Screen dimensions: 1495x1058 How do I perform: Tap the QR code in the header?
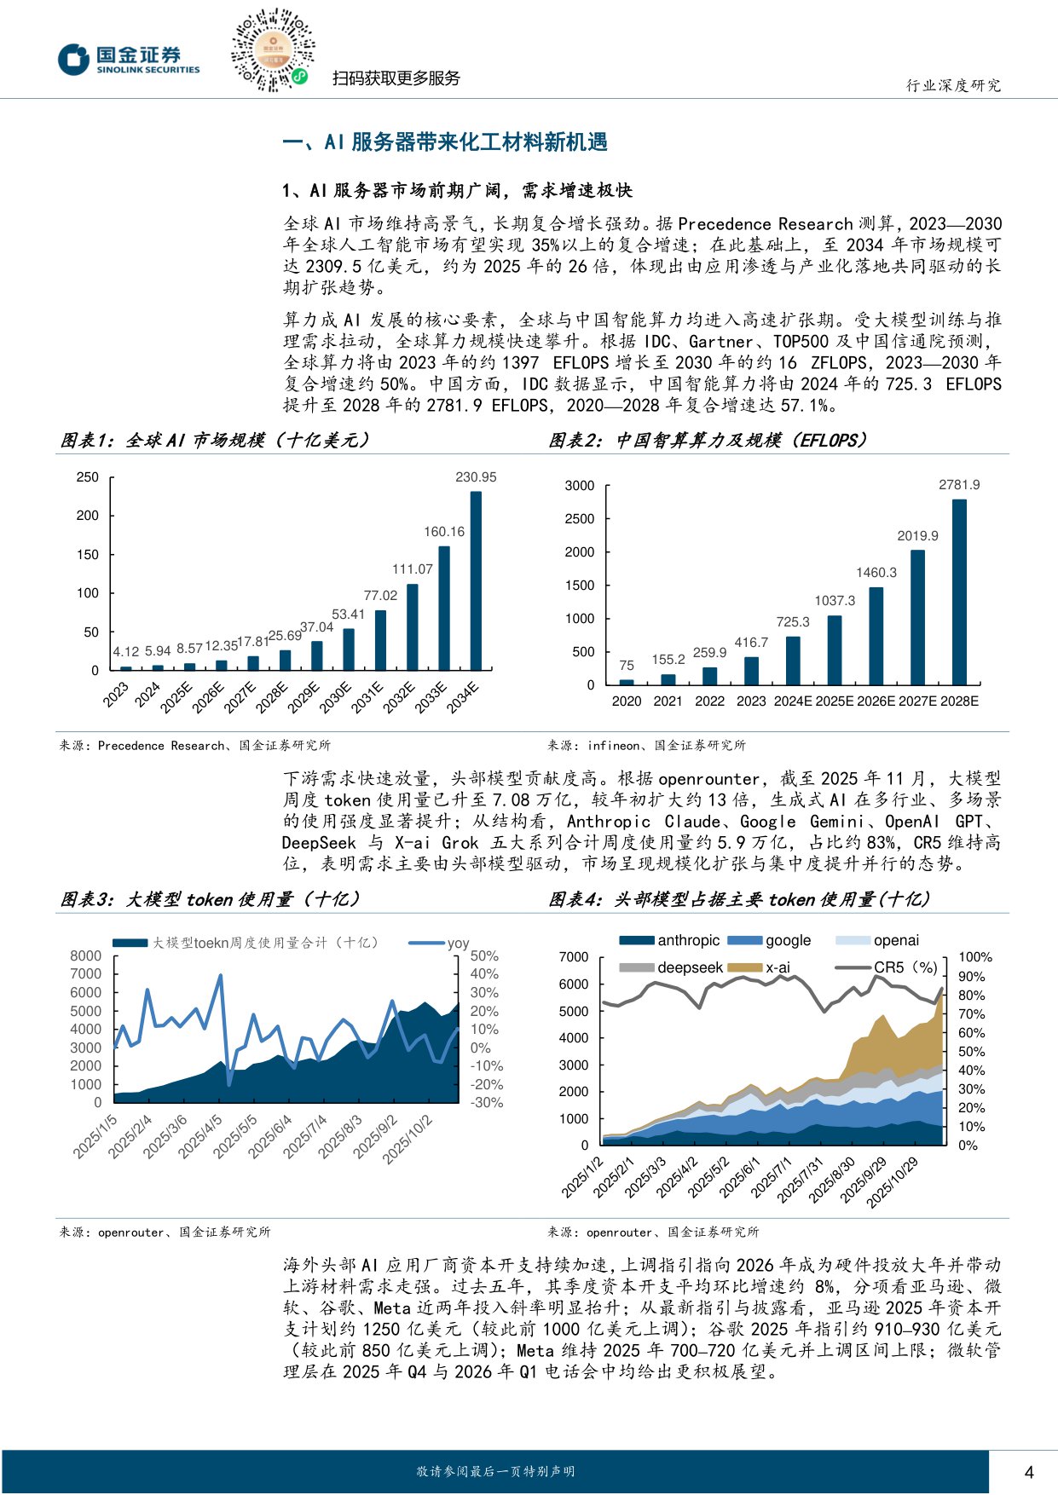(x=272, y=50)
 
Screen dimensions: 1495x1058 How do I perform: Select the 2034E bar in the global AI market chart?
(x=476, y=580)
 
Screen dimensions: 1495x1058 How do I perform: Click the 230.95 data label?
(x=476, y=477)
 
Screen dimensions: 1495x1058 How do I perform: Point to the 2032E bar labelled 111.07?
(x=413, y=626)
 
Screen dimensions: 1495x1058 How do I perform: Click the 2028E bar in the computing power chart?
(x=959, y=592)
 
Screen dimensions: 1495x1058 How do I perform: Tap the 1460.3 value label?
(x=876, y=573)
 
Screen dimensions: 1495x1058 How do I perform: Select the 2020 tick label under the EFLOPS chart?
(x=627, y=701)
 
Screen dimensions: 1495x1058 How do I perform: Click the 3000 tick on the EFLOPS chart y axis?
(x=580, y=486)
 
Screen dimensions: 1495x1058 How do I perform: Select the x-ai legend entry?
(x=762, y=967)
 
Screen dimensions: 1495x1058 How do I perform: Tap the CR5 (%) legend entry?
(x=887, y=967)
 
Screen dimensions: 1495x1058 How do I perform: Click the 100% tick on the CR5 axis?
(x=975, y=957)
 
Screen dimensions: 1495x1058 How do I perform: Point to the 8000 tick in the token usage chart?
(x=85, y=955)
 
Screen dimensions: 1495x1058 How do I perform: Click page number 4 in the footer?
(x=1029, y=1472)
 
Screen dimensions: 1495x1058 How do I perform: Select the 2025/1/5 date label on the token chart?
(x=95, y=1136)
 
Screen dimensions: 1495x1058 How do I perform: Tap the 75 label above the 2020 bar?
(x=627, y=666)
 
